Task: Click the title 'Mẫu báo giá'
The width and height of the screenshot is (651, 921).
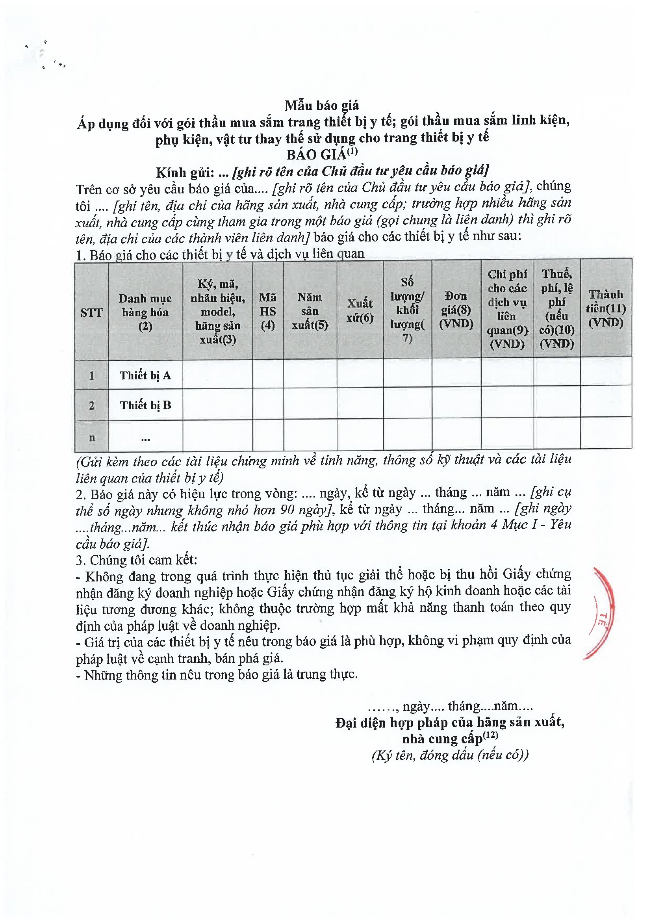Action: (x=322, y=106)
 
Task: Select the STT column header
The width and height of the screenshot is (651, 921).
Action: (x=91, y=312)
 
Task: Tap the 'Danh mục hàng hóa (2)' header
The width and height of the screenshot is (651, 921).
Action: (x=145, y=312)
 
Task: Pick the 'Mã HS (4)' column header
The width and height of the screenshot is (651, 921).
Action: (x=267, y=311)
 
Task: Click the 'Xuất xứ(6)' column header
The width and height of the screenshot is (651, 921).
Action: (x=360, y=310)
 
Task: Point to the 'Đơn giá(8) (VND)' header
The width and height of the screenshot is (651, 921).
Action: (x=456, y=309)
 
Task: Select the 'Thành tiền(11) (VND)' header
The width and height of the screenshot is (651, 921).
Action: (x=606, y=308)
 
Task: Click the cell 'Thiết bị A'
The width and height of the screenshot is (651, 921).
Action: (x=145, y=375)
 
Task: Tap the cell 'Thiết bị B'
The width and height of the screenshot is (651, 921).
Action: (x=145, y=405)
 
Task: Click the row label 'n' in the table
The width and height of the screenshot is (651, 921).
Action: (x=92, y=438)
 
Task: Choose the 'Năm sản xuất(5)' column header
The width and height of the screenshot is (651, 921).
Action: (x=310, y=311)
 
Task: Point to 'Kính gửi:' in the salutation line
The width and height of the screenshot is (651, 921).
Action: (x=185, y=173)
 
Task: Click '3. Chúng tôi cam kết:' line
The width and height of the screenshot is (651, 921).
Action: (x=136, y=560)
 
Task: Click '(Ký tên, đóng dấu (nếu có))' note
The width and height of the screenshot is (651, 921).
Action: (x=450, y=755)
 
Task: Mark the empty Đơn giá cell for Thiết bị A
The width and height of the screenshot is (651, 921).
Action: (x=456, y=373)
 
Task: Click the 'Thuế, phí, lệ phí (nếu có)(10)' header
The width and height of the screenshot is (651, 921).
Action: (x=557, y=308)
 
